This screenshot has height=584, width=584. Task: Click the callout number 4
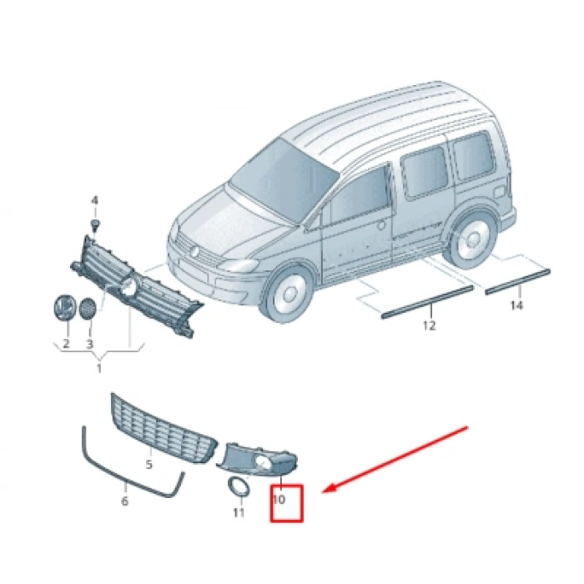point(94,200)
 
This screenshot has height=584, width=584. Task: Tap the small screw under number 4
point(96,225)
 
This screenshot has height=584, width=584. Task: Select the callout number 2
point(65,343)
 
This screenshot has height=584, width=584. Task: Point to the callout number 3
point(90,343)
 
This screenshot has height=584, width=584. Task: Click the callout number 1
point(98,368)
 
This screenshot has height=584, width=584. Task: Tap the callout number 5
point(149,464)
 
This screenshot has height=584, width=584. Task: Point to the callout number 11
point(239,511)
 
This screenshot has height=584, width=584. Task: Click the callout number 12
point(429,325)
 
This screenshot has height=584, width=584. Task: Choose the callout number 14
point(516,306)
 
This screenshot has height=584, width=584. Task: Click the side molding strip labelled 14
point(518,279)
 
